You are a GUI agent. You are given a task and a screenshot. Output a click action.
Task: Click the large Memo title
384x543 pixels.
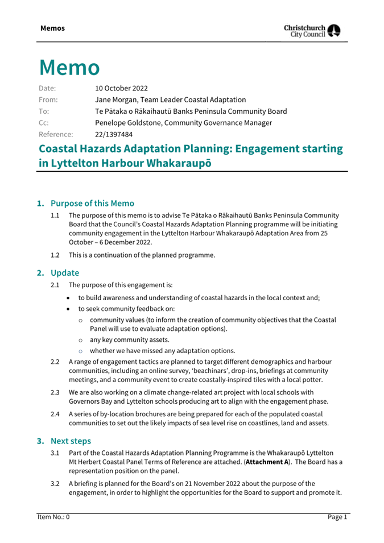click(x=69, y=68)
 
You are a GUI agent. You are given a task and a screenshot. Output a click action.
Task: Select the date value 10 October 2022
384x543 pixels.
click(x=121, y=88)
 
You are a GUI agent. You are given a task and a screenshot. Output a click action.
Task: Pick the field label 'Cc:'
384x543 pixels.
click(x=44, y=123)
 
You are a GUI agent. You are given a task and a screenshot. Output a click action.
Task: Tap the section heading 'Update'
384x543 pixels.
click(x=64, y=273)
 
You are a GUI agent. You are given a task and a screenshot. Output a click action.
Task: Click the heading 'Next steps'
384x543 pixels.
click(x=71, y=441)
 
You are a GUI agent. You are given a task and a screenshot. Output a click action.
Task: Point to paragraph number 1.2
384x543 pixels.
click(x=57, y=255)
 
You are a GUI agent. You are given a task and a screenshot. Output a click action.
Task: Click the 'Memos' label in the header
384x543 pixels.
click(x=52, y=28)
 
